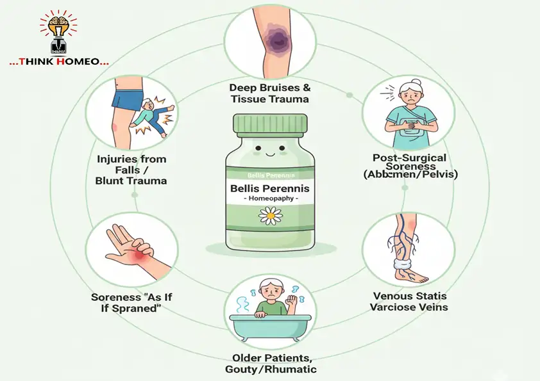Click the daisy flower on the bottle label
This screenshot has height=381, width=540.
[270, 216]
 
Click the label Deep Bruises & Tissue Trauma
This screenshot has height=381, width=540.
[270, 93]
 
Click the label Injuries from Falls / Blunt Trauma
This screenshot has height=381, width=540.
[132, 170]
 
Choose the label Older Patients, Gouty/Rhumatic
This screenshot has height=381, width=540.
[270, 364]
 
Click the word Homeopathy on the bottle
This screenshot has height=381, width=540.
[269, 199]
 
